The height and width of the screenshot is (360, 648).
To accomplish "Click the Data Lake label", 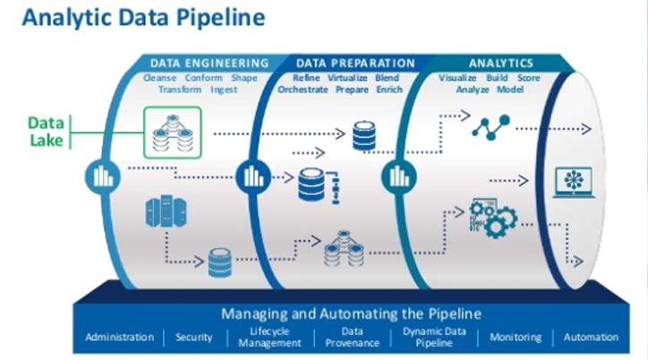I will pyautogui.click(x=46, y=131).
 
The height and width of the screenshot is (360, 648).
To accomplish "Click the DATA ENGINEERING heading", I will pyautogui.click(x=209, y=64).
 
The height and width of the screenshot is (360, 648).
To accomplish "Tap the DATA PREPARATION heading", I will pyautogui.click(x=355, y=64).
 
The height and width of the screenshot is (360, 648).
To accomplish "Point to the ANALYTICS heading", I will pyautogui.click(x=501, y=64).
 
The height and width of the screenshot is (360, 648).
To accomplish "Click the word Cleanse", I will pyautogui.click(x=161, y=78).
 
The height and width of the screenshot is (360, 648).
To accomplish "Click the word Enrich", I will pyautogui.click(x=388, y=90).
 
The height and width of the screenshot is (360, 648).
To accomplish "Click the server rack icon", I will pyautogui.click(x=158, y=212).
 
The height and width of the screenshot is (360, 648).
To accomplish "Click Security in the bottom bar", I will pyautogui.click(x=194, y=338).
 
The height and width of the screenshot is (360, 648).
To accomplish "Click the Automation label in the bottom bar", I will pyautogui.click(x=591, y=338).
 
